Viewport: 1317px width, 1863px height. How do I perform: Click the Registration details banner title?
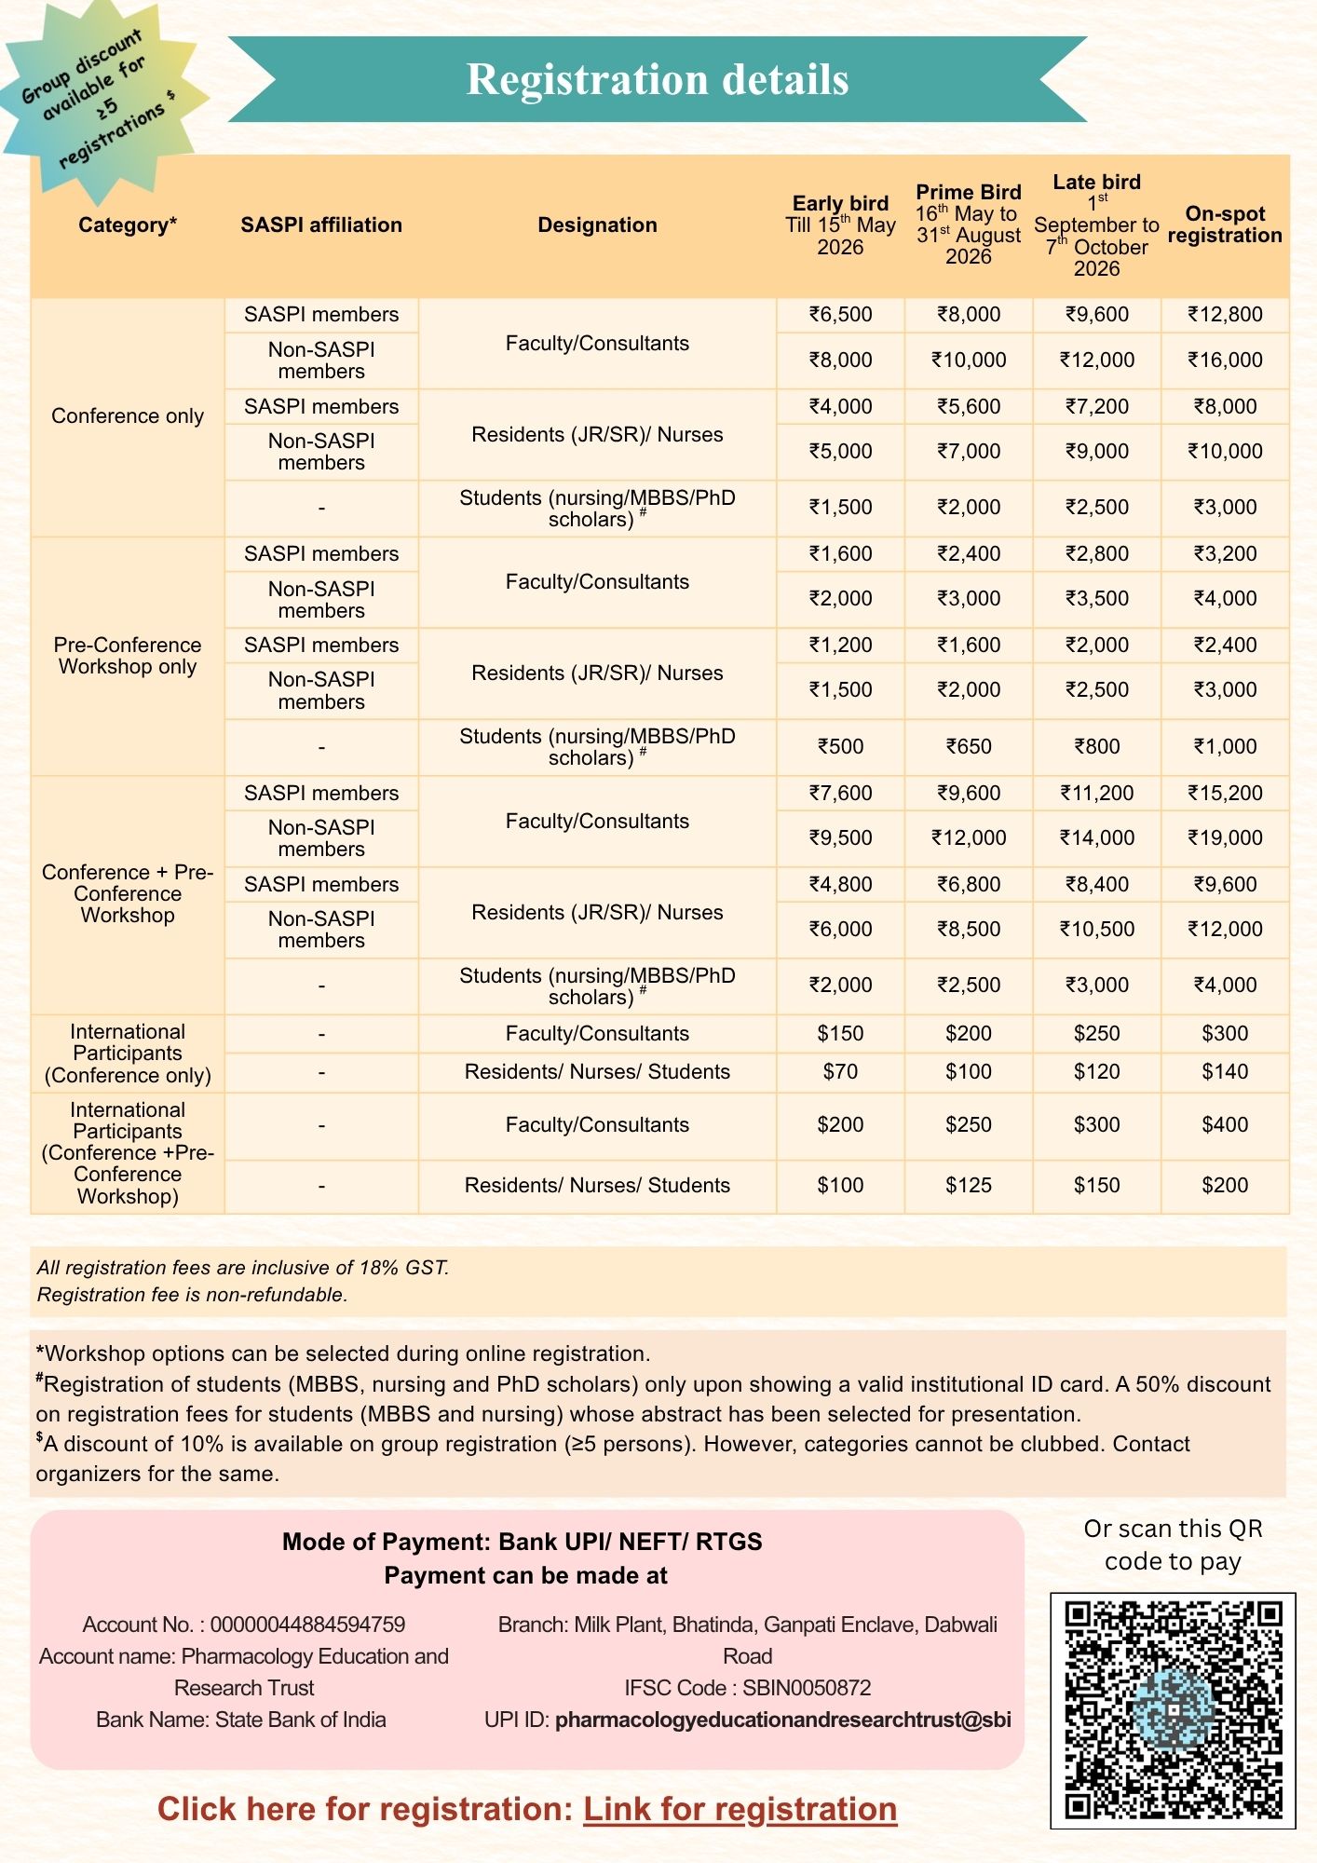(x=657, y=79)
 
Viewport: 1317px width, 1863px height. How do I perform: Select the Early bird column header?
(x=840, y=224)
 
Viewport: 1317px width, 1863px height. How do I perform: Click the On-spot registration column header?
(x=1225, y=224)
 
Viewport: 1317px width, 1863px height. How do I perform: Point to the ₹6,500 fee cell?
(x=840, y=314)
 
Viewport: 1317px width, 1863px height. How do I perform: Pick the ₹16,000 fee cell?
(x=1225, y=360)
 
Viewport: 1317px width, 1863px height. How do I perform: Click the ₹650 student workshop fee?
(x=969, y=746)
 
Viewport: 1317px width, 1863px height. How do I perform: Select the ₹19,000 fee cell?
(x=1225, y=837)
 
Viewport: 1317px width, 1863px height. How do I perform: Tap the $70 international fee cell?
(x=840, y=1071)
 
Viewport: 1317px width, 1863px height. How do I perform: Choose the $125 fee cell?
(x=969, y=1185)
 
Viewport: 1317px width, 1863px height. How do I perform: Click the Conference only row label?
(x=128, y=415)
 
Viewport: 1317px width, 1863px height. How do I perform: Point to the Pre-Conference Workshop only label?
(x=128, y=656)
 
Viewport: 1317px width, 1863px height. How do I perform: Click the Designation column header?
(x=597, y=224)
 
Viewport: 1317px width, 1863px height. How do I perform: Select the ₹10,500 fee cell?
(x=1096, y=929)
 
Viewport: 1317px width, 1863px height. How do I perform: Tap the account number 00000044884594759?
(x=307, y=1625)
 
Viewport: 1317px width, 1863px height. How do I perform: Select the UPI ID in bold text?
(x=782, y=1720)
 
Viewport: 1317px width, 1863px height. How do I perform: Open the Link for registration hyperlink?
(x=740, y=1809)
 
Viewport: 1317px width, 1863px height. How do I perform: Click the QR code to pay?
(x=1173, y=1710)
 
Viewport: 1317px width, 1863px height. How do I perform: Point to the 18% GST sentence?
(x=243, y=1268)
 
